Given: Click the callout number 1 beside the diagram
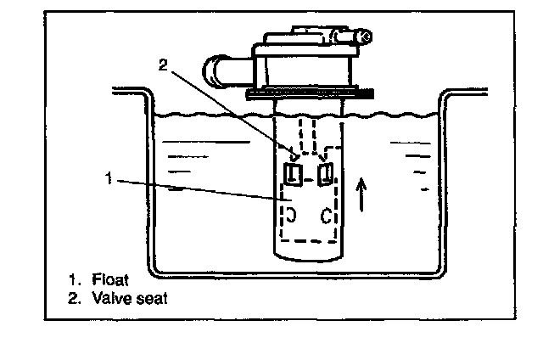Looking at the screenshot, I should [107, 178].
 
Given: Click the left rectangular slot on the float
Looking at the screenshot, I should [290, 176].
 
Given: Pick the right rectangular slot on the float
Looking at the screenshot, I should [323, 175].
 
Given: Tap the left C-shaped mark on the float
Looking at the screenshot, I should [291, 213].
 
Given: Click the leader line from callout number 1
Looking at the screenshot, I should [195, 189].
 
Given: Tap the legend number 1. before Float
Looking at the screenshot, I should [75, 278].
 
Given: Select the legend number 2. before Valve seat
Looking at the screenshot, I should [75, 298].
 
